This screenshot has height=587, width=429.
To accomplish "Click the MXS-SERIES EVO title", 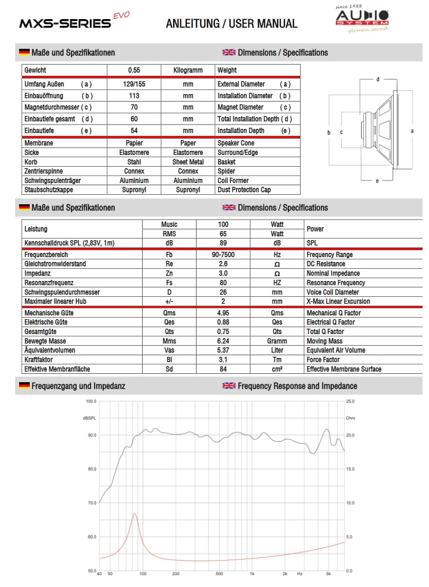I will [73, 22].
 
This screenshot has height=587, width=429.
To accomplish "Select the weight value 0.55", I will [134, 70].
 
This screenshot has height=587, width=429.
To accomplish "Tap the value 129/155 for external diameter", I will [134, 84].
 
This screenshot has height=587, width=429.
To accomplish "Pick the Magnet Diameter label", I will [240, 107].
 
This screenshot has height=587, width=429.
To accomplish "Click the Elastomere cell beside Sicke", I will [134, 153].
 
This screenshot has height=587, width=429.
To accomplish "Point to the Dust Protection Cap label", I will [244, 190].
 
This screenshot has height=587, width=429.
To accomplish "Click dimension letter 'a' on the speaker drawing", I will [412, 131].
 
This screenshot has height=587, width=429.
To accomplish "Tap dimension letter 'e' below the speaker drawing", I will [377, 181].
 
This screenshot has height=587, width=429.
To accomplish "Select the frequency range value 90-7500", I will [223, 255].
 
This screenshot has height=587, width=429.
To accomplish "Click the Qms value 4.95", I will [223, 313].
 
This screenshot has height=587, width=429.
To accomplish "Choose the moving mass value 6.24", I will [223, 341].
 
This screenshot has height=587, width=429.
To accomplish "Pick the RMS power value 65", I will [223, 233].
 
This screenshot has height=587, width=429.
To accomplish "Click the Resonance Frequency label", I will [336, 283].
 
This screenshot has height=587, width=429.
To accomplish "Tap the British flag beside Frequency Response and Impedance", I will [229, 386].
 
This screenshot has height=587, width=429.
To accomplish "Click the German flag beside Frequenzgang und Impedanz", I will [24, 386].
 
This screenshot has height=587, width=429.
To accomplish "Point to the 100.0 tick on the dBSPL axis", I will [90, 401].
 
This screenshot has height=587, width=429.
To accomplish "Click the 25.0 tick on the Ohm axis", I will [350, 401].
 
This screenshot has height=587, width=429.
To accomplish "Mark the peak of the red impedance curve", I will [135, 513].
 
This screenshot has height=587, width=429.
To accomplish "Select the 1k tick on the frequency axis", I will [252, 574].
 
